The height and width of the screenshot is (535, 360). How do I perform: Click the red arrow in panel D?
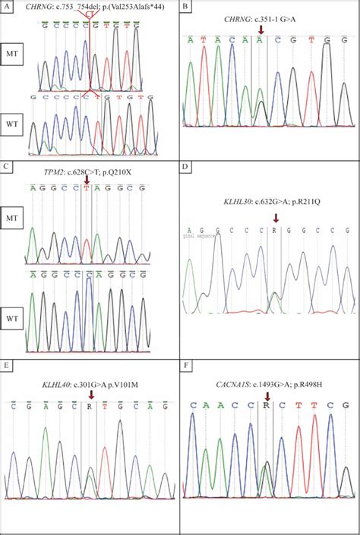276,218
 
